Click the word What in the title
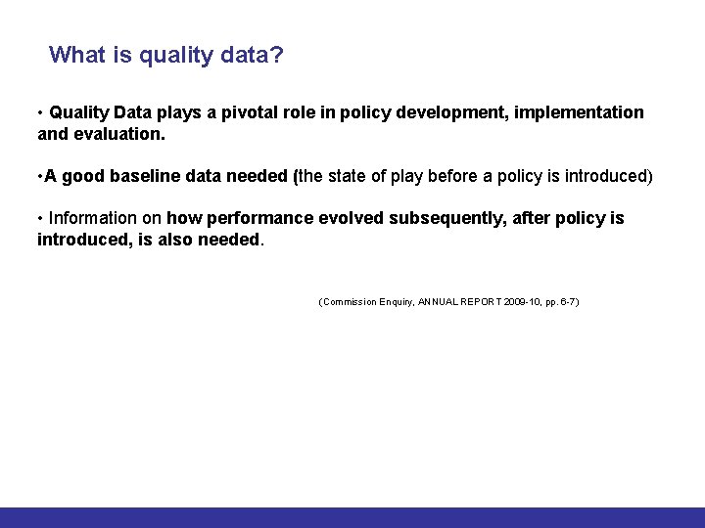point(77,55)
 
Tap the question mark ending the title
point(277,55)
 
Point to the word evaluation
point(117,133)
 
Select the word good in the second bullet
point(82,176)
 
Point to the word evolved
point(350,218)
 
